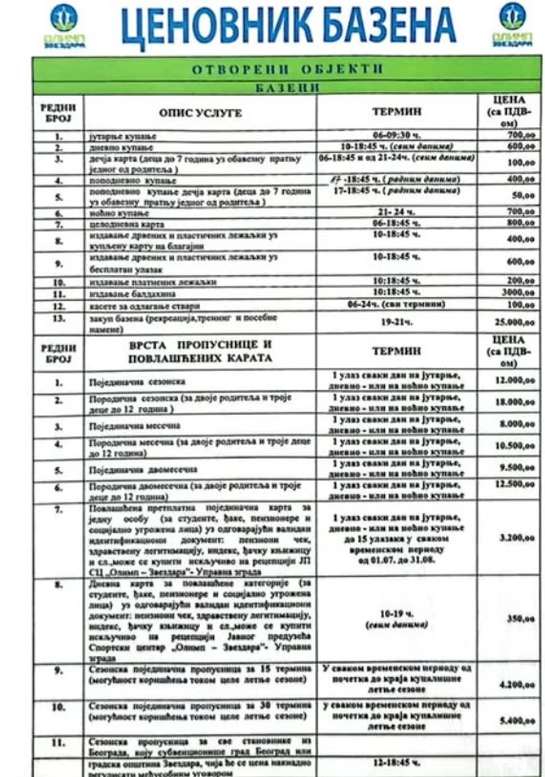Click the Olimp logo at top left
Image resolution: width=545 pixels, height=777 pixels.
[x=64, y=25]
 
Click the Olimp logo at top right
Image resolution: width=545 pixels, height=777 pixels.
[x=512, y=25]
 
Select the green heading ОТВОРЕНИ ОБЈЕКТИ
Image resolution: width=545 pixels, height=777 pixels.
[x=287, y=69]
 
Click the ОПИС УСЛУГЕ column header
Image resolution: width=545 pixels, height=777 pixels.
[x=200, y=112]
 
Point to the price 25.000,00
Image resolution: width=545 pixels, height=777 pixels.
[x=511, y=321]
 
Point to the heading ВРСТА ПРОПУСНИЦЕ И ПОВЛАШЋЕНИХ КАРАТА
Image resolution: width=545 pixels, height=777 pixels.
[x=200, y=351]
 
